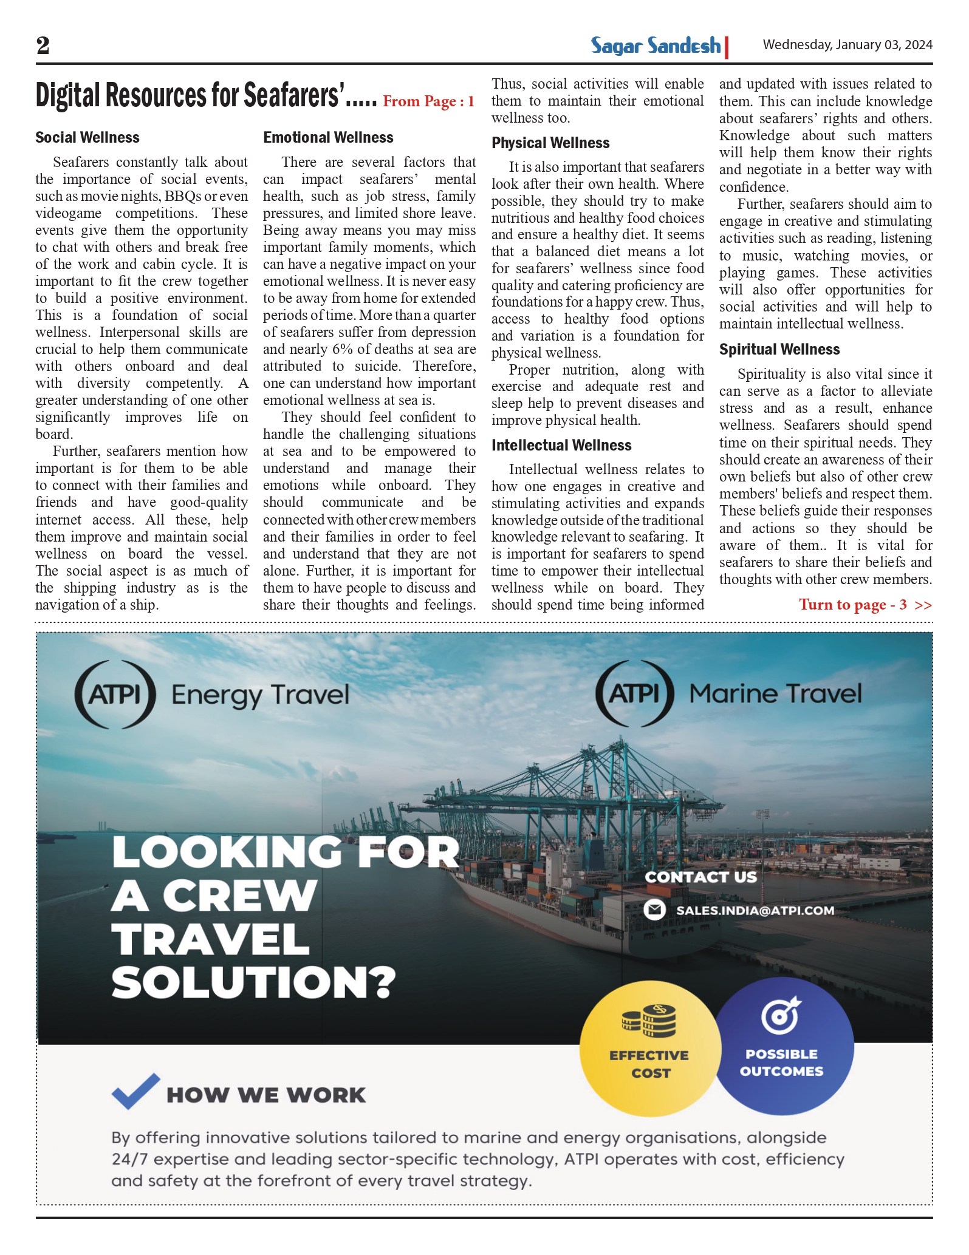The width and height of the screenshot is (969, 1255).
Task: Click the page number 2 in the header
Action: tap(43, 46)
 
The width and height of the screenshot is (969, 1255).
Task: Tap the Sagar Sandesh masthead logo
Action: tap(656, 46)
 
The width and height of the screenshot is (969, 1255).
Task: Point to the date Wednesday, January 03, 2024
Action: tap(847, 45)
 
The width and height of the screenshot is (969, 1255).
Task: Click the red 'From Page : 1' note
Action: tap(428, 101)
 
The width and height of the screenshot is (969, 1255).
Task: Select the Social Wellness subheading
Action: tap(87, 138)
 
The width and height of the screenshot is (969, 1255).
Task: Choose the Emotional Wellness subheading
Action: tap(328, 138)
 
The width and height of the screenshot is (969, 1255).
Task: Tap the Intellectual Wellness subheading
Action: tap(561, 446)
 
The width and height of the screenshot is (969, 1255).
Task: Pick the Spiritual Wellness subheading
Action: tap(779, 350)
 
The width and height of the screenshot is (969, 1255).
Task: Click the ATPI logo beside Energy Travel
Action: tap(115, 694)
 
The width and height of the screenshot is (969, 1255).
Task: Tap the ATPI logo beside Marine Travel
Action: tap(634, 693)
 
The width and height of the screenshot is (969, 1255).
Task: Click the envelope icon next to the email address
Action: tap(654, 910)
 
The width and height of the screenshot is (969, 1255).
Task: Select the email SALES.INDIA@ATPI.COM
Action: tap(755, 911)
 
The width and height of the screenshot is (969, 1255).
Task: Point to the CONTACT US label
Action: tap(700, 877)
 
